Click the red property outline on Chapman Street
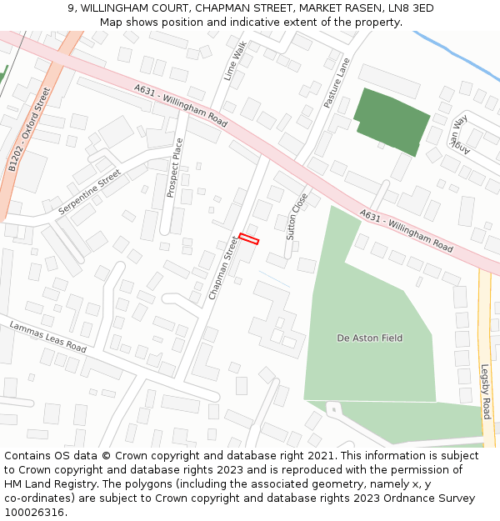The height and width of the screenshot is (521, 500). (248, 239)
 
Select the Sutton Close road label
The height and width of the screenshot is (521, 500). (297, 217)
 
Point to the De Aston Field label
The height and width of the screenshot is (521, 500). (369, 338)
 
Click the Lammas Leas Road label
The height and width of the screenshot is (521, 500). (48, 335)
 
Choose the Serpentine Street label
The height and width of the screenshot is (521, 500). (89, 193)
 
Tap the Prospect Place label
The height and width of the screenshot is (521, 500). (174, 168)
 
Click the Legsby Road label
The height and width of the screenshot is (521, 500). (486, 391)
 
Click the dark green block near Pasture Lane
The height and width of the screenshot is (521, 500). (392, 121)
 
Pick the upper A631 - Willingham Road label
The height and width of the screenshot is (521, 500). (180, 105)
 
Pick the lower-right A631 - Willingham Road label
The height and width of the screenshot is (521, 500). (407, 231)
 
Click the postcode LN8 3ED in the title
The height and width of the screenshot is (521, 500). (407, 8)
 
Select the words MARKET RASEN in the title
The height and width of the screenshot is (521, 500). (328, 8)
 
